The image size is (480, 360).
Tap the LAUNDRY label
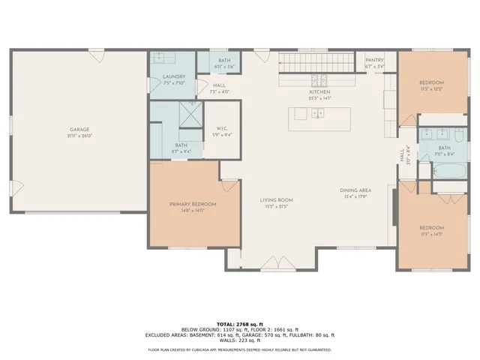pos(174,76)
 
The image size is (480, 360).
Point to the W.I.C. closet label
pos(221,127)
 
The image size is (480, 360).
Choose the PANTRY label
pos(374,60)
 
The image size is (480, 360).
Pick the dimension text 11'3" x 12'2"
pos(432,88)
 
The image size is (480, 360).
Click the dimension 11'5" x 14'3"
pos(431,234)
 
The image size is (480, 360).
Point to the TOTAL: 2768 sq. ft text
pos(240,320)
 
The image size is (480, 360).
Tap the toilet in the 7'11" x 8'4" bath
pos(425,172)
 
